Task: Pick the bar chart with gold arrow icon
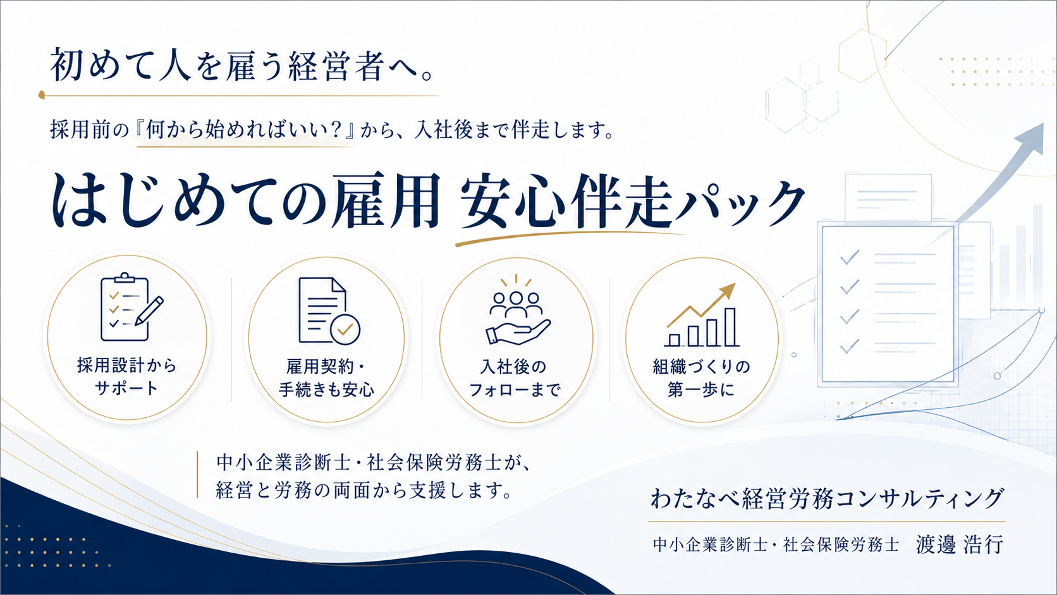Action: click(700, 315)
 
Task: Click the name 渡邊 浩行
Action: click(960, 544)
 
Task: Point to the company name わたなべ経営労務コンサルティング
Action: click(827, 499)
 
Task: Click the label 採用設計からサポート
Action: click(126, 376)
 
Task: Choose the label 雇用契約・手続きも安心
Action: click(326, 377)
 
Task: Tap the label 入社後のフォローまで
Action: click(515, 378)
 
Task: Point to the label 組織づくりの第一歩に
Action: click(701, 378)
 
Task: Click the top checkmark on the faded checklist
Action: click(850, 257)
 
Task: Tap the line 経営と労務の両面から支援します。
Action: click(364, 491)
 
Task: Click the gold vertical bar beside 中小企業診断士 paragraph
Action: click(197, 475)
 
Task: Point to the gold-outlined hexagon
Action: click(862, 56)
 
